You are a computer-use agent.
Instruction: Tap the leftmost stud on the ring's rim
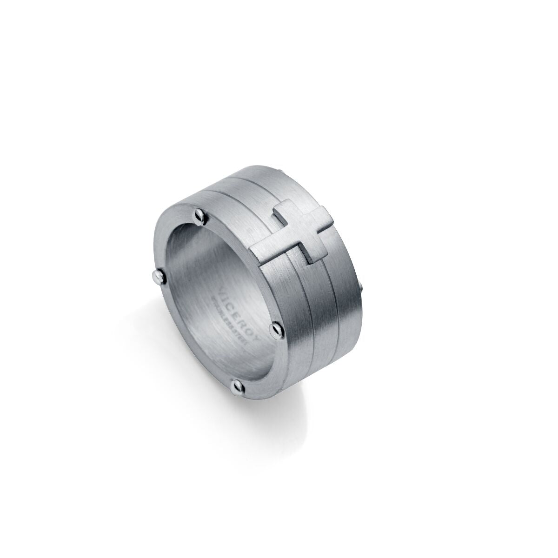click(x=157, y=278)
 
